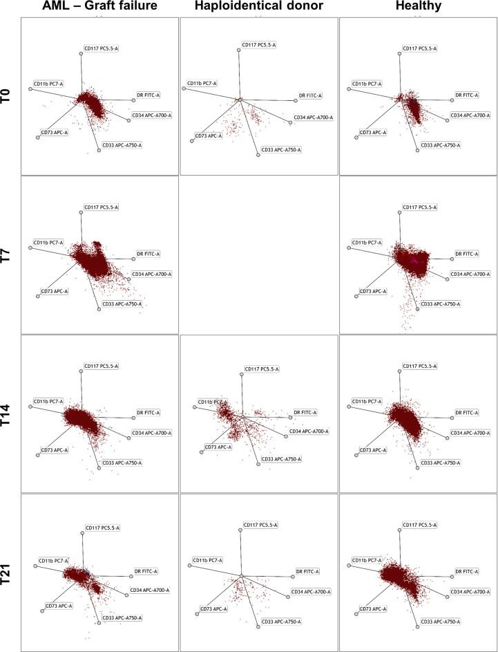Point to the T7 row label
(7, 254)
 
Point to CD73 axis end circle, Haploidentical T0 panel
(192, 141)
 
